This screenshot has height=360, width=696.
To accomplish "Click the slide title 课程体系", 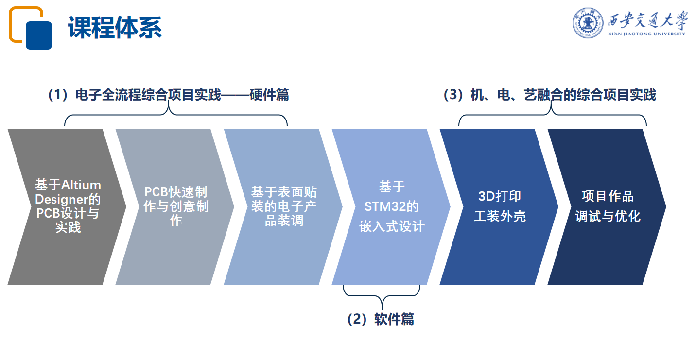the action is pos(115,28).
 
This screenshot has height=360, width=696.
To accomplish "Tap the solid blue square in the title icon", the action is pos(39,35).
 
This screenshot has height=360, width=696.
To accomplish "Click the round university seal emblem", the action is pos(588,23).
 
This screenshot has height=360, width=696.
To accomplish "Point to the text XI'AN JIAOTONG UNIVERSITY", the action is pos(646,34).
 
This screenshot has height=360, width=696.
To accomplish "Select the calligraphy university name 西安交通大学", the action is pos(647,20).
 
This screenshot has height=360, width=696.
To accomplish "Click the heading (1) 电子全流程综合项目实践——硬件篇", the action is pos(169,95).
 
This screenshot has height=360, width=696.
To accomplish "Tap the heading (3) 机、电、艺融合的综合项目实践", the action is pos(550,95).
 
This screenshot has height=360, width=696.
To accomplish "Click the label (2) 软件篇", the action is pos(381,319).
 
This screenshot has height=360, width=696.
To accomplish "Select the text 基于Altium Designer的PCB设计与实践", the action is pos(68,206).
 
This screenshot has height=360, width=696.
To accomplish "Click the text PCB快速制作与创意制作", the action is pos(176,206).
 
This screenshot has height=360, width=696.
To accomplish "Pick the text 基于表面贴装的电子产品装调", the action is pos(284,206).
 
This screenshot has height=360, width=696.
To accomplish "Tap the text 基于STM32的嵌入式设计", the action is pos(392,206).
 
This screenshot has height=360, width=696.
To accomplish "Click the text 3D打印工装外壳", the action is pos(500,206).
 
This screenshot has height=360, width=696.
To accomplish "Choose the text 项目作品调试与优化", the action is pos(608,206).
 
